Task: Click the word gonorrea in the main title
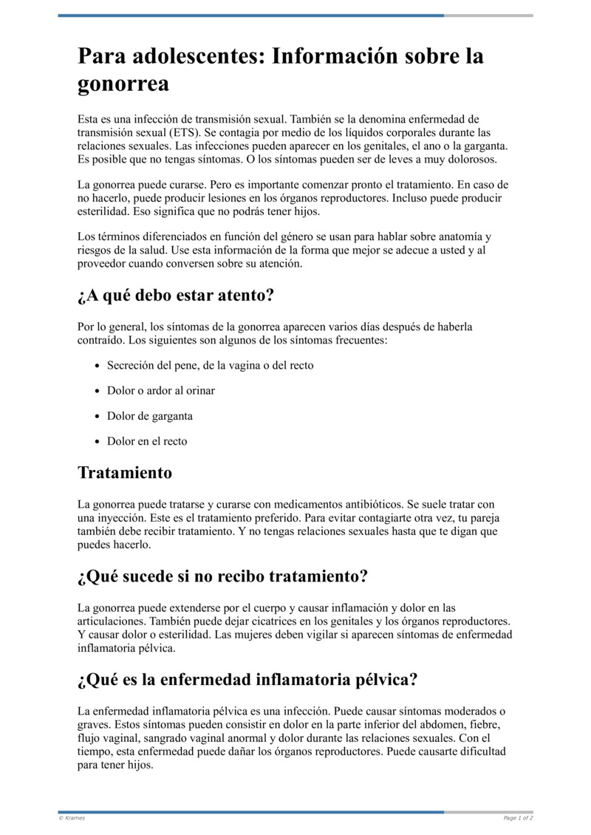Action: click(123, 83)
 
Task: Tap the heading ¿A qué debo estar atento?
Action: click(176, 296)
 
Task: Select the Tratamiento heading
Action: click(125, 472)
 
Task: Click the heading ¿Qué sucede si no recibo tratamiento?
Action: click(222, 576)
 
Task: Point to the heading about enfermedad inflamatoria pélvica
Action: click(247, 678)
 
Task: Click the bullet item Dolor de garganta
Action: click(150, 416)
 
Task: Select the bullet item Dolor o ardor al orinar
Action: click(161, 390)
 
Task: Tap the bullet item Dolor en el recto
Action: click(147, 441)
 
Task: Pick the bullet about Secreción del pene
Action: click(210, 365)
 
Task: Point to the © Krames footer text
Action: click(72, 818)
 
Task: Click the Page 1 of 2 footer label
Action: click(518, 818)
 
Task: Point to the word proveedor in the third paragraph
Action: click(103, 263)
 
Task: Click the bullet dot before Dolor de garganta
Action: click(99, 416)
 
